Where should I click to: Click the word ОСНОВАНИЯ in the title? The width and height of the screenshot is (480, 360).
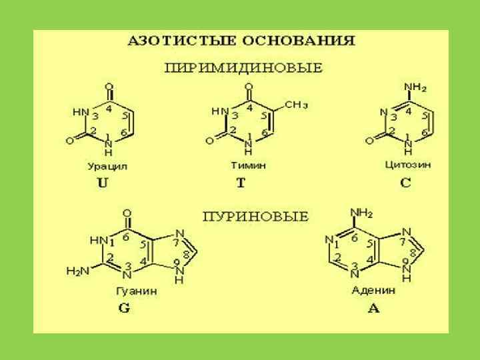coord(300,40)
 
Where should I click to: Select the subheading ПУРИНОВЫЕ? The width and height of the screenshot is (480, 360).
coord(255,216)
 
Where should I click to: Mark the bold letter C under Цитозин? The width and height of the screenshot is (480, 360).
coord(406,183)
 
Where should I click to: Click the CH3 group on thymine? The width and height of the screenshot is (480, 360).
coord(296,104)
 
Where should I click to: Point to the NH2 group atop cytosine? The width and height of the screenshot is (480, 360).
coord(415,87)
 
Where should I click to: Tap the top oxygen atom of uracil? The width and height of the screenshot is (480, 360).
coord(110,87)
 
